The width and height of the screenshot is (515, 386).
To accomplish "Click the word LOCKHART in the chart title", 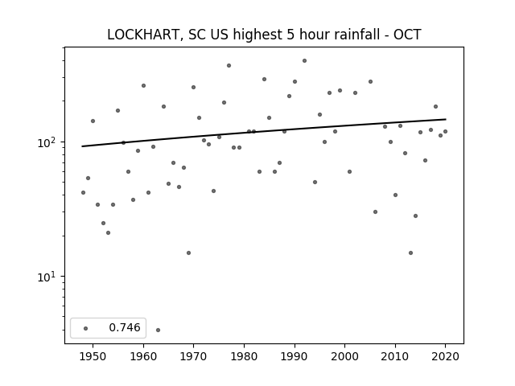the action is [x=143, y=35].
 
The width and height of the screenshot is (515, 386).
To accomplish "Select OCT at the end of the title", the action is [x=407, y=35].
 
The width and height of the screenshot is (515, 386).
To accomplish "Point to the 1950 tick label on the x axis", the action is [x=93, y=356].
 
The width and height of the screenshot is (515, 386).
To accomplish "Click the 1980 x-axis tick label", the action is [x=244, y=356].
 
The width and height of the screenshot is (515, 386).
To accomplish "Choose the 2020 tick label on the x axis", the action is [x=445, y=356].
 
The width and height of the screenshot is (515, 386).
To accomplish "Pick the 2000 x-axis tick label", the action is [x=345, y=356].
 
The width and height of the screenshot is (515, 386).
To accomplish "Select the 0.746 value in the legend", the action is [x=125, y=327].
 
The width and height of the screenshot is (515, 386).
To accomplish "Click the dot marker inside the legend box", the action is [x=86, y=328].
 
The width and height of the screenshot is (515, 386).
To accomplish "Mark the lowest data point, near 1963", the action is [x=158, y=330].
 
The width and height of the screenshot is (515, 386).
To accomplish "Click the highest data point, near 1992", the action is [x=304, y=61].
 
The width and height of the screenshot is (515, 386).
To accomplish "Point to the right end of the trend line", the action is [x=446, y=119].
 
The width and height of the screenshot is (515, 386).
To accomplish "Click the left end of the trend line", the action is [x=82, y=146].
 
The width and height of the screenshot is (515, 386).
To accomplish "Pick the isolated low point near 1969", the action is [x=188, y=253].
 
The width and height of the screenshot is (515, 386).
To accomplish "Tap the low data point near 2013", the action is [x=410, y=253].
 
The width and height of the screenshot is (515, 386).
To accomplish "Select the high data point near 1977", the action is [x=229, y=66].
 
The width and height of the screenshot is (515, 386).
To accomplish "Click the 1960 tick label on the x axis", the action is [x=143, y=356].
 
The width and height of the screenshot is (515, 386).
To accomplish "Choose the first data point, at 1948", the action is [x=83, y=192].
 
